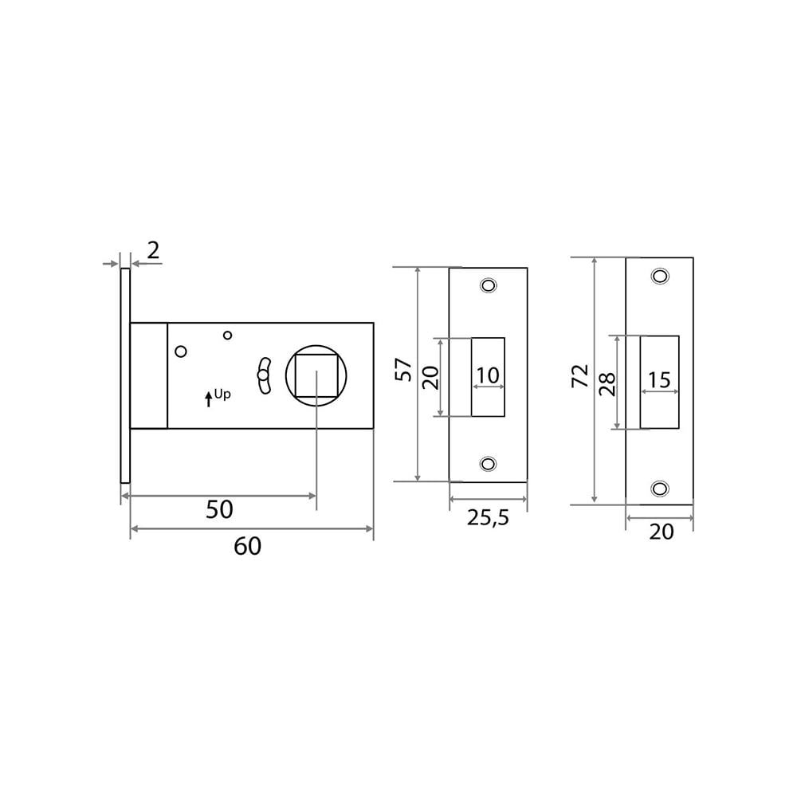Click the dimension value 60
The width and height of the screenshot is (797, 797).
(x=248, y=547)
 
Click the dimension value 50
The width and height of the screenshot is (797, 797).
(x=219, y=509)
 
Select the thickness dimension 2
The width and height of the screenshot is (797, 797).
(x=153, y=250)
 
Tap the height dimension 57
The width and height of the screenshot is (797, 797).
(x=403, y=370)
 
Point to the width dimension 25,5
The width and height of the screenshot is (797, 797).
(x=488, y=518)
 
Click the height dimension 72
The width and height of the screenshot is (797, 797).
(x=580, y=376)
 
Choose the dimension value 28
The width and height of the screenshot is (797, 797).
(x=607, y=384)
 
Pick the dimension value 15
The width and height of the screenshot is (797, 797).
(x=659, y=379)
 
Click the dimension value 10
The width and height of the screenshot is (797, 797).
(x=488, y=375)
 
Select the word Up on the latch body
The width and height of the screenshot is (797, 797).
(x=222, y=395)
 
